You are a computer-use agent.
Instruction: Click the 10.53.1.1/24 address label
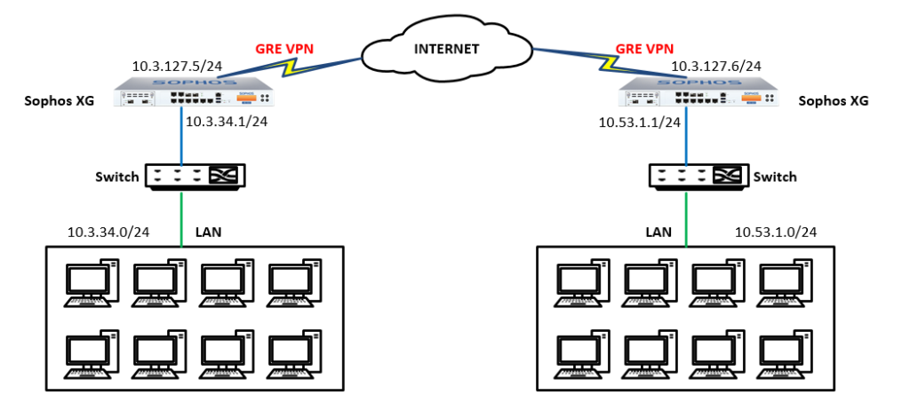pos(639,122)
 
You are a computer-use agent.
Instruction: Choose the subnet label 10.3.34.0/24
pos(108,233)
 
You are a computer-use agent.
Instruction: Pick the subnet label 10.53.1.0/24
pos(776,233)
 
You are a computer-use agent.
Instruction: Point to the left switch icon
pos(196,177)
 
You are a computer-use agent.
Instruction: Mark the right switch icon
pos(696,177)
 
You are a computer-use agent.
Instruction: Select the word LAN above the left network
pos(208,233)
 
